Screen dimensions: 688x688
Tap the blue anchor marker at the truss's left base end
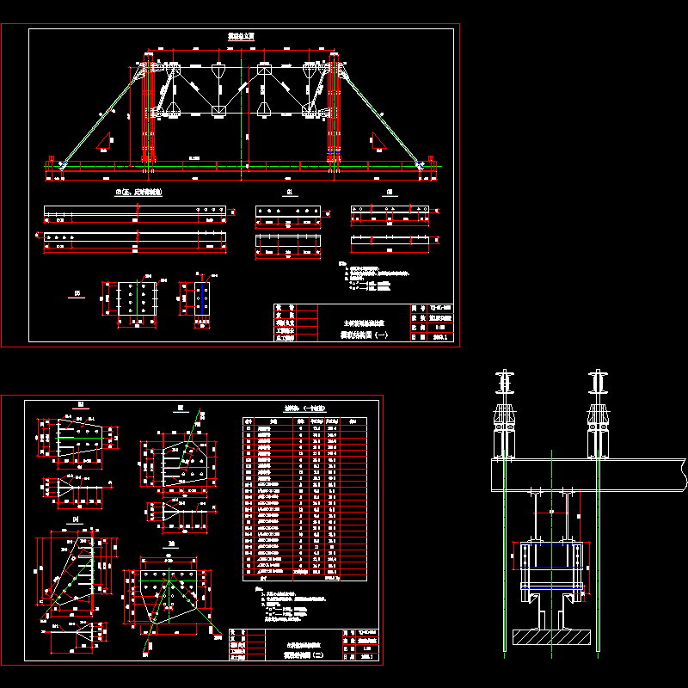(x=63, y=164)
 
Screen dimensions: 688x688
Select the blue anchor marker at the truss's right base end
(x=421, y=164)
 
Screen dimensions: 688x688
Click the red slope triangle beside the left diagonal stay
(x=107, y=140)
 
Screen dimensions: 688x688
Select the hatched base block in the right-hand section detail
(x=550, y=637)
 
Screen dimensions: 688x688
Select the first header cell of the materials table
(x=249, y=421)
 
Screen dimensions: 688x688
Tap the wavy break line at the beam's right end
(x=683, y=471)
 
